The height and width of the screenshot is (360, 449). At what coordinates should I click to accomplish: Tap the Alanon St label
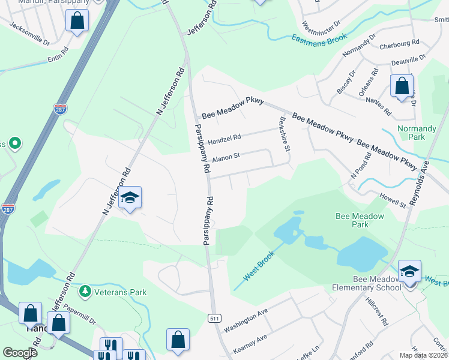(x=226, y=155)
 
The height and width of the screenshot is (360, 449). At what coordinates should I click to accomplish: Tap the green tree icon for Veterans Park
(x=85, y=292)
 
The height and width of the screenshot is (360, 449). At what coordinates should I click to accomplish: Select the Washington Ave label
(x=245, y=322)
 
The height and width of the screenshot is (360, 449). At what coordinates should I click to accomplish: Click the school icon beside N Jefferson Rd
(x=130, y=199)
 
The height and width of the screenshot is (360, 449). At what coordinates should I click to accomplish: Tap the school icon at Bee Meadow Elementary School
(x=409, y=271)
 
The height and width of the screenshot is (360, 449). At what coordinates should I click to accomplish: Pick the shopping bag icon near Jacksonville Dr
(x=77, y=22)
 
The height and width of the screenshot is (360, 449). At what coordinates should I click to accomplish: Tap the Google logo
(x=20, y=353)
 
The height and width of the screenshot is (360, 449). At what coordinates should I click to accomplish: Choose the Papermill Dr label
(x=77, y=317)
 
